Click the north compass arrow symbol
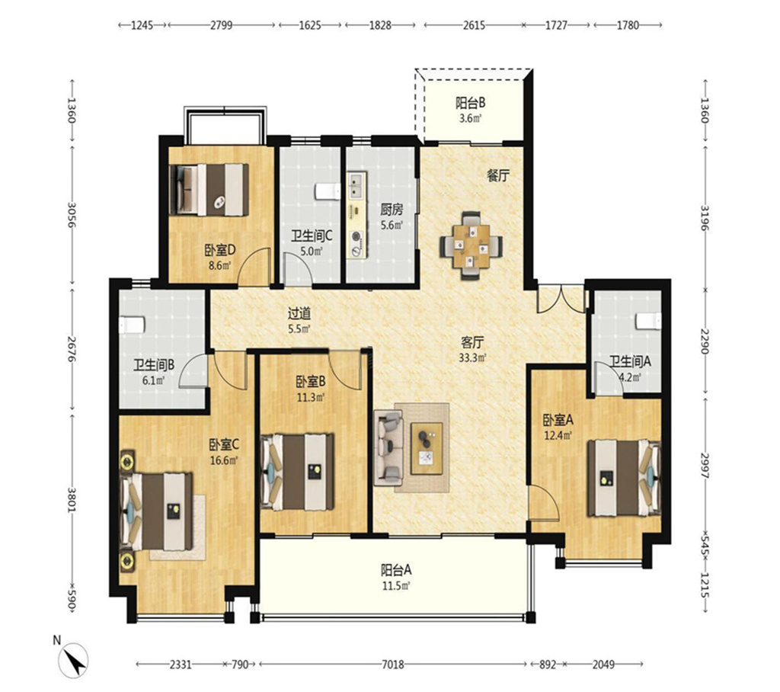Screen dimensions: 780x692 [x=74, y=660]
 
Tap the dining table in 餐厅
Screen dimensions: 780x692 [x=471, y=246]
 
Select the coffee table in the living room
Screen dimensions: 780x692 [x=427, y=448]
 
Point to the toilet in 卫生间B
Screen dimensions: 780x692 [x=131, y=325]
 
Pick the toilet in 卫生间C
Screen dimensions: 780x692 [x=328, y=191]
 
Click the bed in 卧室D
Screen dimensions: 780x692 [x=209, y=190]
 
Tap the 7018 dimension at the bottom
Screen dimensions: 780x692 [x=392, y=664]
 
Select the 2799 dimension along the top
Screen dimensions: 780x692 [x=221, y=24]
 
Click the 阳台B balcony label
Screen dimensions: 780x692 [x=470, y=103]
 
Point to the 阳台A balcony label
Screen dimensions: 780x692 [x=396, y=569]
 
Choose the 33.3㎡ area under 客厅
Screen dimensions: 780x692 [x=472, y=357]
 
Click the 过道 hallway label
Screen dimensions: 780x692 [x=299, y=314]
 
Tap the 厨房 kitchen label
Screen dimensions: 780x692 [x=392, y=210]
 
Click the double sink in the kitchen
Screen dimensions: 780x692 [x=357, y=185]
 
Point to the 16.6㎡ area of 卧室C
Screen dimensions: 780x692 [x=223, y=460]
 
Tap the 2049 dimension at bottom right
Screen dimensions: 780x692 [x=603, y=664]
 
